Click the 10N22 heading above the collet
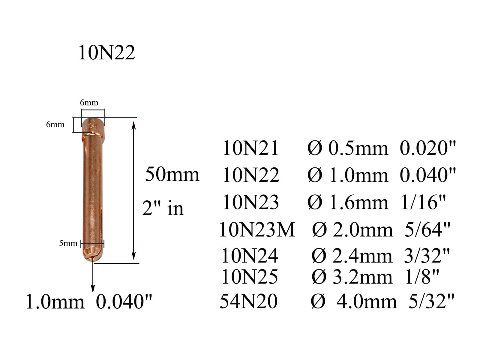tap(107, 52)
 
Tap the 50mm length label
tap(172, 174)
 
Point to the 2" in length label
tap(163, 208)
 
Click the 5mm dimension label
tap(68, 243)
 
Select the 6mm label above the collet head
tap(89, 102)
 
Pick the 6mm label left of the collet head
tap(55, 124)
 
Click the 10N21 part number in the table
tap(250, 148)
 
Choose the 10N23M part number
tap(257, 229)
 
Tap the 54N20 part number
tap(249, 301)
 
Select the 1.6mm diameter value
tap(358, 202)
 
